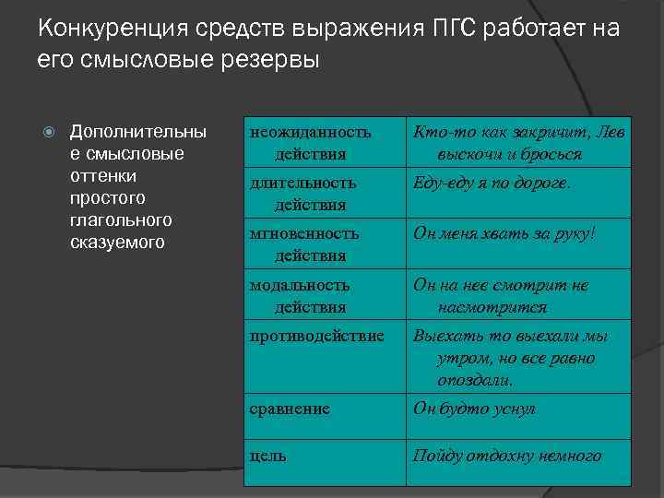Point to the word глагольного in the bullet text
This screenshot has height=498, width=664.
coord(116,221)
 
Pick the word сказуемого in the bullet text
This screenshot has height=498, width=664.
coord(117,243)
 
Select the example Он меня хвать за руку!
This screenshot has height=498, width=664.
coord(504,233)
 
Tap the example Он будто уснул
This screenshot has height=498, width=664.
coord(474,409)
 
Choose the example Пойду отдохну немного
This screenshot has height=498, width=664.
coord(507,455)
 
